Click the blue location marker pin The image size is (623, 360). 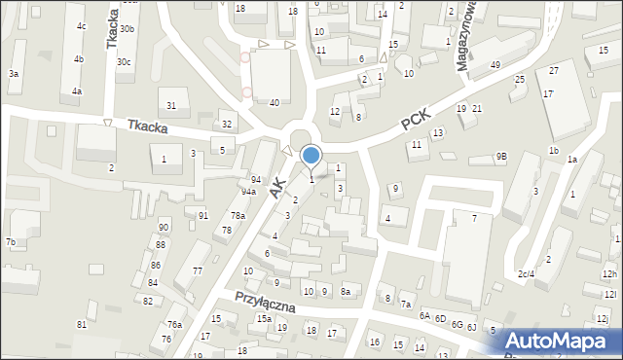pos(311,155)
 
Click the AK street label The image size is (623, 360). pos(278,187)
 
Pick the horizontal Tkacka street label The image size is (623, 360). pos(147,127)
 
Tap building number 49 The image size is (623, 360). pos(495,64)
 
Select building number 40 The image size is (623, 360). pos(275,102)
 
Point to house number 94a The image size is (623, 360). pos(248,192)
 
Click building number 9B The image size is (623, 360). pos(501,156)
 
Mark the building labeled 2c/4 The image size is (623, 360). pos(526,274)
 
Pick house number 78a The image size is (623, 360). pos(238,216)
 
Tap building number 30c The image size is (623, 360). pos(124,61)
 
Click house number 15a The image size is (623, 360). pos(264,319)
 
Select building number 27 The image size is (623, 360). pos(553,71)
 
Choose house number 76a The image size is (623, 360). pos(174,324)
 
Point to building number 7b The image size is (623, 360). pos(10,241)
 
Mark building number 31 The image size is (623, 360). pos(171,105)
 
